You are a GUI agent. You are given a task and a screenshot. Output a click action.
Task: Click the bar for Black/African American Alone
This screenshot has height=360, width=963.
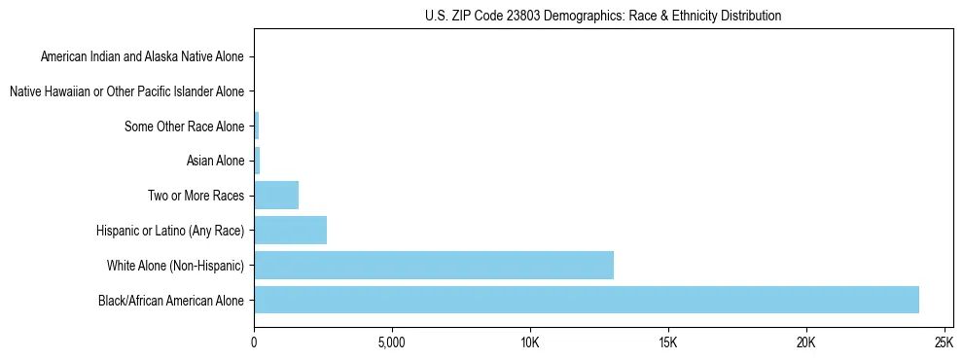click(x=587, y=300)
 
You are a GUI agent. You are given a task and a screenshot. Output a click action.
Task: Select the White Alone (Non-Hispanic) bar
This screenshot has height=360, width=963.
click(x=434, y=265)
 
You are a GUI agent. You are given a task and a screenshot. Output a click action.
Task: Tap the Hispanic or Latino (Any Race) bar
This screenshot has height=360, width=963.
click(x=290, y=230)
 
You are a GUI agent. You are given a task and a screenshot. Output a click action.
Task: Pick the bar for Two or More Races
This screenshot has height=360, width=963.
click(x=276, y=196)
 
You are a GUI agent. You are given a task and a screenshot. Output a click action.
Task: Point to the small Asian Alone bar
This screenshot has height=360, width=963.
click(x=257, y=161)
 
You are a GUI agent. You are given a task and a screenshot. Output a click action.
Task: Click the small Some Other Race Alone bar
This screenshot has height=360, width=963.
click(x=257, y=126)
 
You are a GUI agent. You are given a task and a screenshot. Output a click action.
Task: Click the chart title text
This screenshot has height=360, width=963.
click(x=603, y=16)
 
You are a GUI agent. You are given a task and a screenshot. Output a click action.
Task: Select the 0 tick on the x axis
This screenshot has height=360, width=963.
click(x=254, y=342)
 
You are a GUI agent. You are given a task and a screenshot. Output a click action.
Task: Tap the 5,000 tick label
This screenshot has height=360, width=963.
click(x=391, y=342)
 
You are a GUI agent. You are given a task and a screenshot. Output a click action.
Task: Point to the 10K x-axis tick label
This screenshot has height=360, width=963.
click(x=529, y=342)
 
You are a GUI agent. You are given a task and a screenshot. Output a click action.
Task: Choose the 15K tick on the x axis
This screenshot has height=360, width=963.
click(x=667, y=342)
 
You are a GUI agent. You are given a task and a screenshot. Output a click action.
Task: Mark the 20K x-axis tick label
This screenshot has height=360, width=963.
click(x=805, y=342)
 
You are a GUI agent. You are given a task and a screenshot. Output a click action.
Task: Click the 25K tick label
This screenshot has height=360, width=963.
click(x=943, y=342)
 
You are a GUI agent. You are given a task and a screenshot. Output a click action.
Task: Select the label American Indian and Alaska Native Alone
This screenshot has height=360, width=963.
click(x=142, y=56)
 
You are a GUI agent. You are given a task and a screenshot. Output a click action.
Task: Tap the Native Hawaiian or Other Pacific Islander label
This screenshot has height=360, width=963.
click(x=126, y=91)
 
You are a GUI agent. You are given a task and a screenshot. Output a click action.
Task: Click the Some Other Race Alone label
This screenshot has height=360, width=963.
click(x=185, y=126)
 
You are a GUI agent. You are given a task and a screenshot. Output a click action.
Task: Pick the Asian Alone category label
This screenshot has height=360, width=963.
click(x=215, y=161)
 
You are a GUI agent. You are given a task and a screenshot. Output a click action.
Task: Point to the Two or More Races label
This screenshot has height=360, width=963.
click(x=196, y=196)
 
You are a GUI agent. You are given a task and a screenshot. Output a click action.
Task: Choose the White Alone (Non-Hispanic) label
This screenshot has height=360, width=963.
click(x=176, y=266)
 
